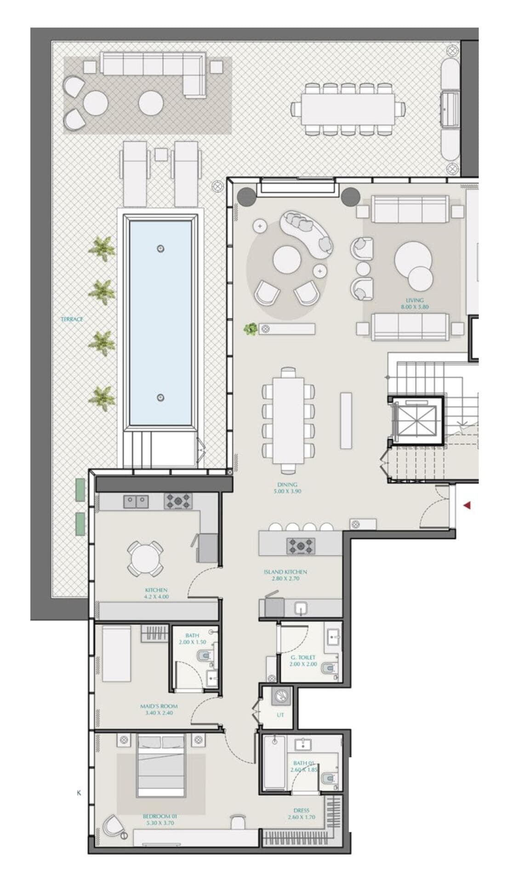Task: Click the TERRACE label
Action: pos(72,319)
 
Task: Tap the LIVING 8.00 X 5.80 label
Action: pos(415,304)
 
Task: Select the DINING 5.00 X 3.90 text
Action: pos(287,487)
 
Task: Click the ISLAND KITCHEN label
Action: pos(285,575)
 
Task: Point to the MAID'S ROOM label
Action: pos(159,709)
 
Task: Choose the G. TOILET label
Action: pos(303,660)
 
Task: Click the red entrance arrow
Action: pos(467,506)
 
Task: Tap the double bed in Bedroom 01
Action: pos(161,767)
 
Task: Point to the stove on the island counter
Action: pos(301,546)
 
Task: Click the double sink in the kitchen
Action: pos(136,501)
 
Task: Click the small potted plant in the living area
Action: pos(251,329)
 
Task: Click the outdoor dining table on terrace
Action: pos(348,109)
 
